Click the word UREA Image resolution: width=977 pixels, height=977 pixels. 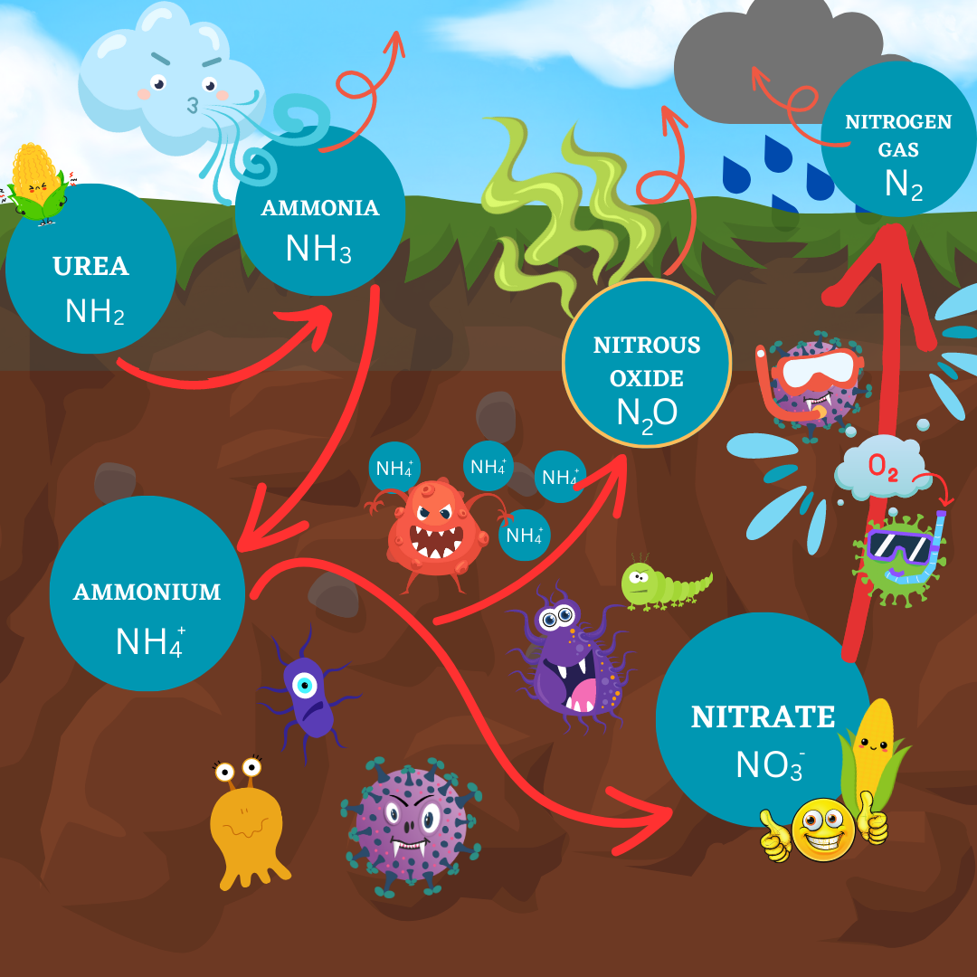(90, 267)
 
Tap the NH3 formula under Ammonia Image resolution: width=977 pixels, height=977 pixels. (318, 247)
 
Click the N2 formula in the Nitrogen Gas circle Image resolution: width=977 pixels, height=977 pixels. (904, 184)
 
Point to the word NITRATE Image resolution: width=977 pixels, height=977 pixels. (763, 716)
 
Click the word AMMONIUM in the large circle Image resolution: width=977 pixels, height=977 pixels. (147, 593)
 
